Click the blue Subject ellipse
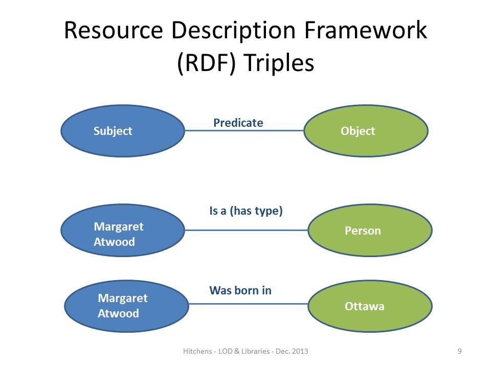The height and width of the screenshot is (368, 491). [x=123, y=131]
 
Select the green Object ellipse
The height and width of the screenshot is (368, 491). [x=366, y=131]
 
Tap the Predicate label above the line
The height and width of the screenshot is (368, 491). [x=238, y=123]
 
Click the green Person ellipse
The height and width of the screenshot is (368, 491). [x=370, y=231]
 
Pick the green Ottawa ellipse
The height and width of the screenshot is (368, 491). [x=370, y=306]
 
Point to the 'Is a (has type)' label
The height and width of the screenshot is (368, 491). [x=246, y=211]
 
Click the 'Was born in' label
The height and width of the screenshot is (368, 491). [x=240, y=290]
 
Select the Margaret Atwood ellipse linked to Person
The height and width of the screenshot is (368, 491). [x=123, y=231]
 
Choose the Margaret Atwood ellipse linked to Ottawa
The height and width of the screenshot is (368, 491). [x=126, y=306]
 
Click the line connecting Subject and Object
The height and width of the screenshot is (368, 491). [x=244, y=130]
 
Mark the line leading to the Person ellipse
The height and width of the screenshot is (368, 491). [x=247, y=230]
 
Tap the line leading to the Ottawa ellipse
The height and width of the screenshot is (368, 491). [x=249, y=304]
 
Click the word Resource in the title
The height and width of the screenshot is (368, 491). [x=114, y=30]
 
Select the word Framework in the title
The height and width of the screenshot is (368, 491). [x=365, y=30]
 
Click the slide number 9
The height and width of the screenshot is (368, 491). [x=460, y=351]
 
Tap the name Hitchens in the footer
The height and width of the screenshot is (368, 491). [x=197, y=351]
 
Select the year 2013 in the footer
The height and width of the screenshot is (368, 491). [x=300, y=351]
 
